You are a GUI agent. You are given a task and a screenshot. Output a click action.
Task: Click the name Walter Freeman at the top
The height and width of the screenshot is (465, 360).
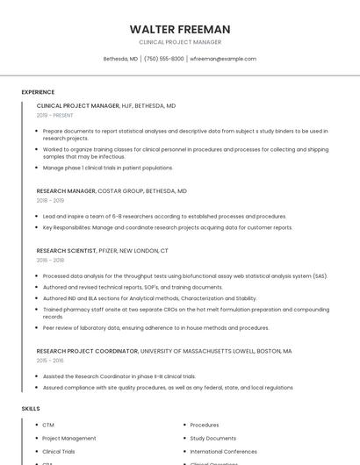click(179, 29)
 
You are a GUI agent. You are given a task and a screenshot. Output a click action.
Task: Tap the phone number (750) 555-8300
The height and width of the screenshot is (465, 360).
click(164, 59)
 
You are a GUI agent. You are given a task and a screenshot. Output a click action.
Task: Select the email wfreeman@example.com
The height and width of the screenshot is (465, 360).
click(223, 59)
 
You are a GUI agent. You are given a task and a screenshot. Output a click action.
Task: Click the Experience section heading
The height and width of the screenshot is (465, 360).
click(38, 92)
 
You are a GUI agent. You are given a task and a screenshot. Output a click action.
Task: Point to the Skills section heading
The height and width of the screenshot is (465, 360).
click(31, 409)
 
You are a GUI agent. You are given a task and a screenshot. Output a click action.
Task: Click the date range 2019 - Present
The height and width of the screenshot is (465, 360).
click(55, 115)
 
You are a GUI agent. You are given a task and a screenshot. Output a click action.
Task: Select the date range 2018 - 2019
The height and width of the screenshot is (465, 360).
click(50, 200)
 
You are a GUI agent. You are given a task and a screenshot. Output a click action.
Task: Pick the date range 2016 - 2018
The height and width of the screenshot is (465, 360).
click(50, 260)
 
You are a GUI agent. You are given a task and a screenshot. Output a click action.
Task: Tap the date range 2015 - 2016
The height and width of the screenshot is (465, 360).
click(50, 361)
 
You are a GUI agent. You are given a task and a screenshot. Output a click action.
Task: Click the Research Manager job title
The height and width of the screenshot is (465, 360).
click(66, 190)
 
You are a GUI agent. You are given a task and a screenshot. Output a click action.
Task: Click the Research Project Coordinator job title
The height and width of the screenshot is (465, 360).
click(87, 351)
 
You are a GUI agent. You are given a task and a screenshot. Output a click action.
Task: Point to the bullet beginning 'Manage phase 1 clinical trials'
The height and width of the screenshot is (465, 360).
click(108, 168)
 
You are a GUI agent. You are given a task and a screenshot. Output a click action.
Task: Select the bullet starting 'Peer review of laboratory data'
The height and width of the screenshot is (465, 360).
click(156, 328)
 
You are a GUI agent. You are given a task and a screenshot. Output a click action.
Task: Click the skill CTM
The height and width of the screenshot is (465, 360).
click(48, 426)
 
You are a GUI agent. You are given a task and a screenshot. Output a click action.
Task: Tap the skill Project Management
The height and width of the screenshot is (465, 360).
click(69, 439)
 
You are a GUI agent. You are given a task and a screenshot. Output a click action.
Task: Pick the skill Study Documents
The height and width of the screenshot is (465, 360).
click(212, 439)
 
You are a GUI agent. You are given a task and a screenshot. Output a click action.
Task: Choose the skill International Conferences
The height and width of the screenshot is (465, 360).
click(224, 451)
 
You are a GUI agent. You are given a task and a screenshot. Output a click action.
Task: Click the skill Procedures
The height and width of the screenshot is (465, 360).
click(205, 426)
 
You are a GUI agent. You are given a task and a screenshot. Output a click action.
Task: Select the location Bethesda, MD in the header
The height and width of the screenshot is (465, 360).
click(120, 59)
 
